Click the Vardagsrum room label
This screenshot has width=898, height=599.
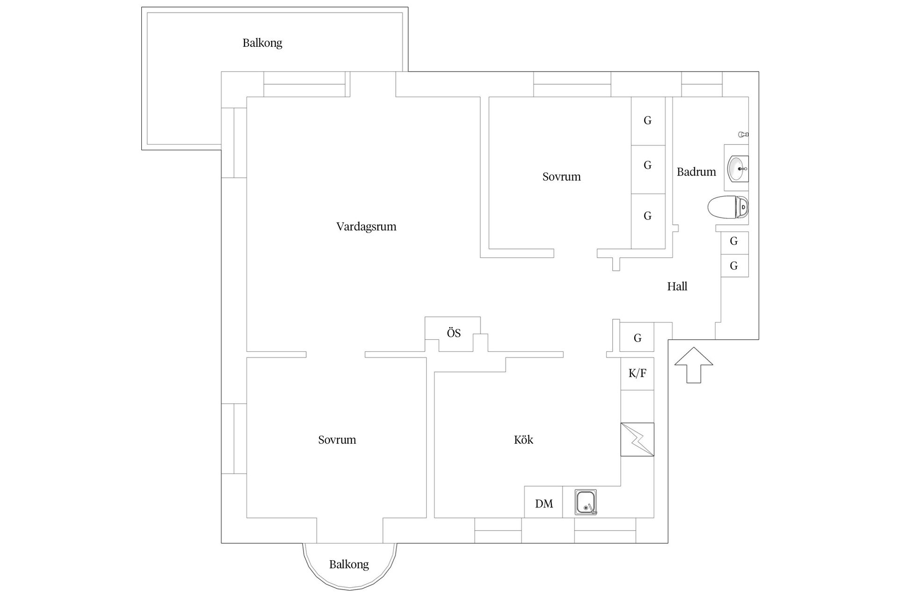(x=366, y=227)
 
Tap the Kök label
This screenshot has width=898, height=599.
(x=523, y=439)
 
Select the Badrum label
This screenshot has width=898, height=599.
(x=696, y=172)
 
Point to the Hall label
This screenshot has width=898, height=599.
(x=677, y=286)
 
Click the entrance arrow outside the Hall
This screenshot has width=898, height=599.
(x=694, y=365)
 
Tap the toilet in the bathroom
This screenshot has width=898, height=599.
(x=728, y=207)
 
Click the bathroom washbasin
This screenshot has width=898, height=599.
(x=738, y=168)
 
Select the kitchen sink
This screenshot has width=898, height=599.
(x=586, y=503)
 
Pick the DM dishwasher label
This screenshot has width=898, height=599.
(x=544, y=504)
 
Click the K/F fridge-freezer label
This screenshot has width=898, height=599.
(x=637, y=373)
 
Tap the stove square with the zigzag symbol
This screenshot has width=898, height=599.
(x=637, y=439)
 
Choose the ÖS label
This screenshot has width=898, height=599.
(x=454, y=333)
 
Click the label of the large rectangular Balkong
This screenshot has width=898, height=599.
(x=262, y=43)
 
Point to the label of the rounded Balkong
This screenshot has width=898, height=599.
(x=349, y=564)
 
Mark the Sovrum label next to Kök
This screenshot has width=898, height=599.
(x=337, y=440)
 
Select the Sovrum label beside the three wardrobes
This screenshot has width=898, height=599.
(x=562, y=177)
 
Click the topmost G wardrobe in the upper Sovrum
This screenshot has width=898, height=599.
(x=648, y=121)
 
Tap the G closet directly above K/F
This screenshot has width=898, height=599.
(x=637, y=338)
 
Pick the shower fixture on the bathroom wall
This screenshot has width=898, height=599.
(x=743, y=135)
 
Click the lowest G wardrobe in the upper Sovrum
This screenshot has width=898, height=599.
(x=648, y=221)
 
